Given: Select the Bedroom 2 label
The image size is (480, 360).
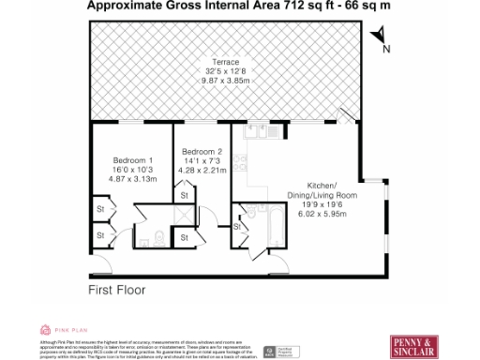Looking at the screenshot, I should click(202, 152).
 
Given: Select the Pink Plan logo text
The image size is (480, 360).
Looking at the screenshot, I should click(69, 329).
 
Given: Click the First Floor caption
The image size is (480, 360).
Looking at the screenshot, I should click(117, 291).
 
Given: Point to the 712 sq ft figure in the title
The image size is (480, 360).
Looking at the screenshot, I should click(282, 6).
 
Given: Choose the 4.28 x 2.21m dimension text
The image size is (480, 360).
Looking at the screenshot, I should click(202, 171).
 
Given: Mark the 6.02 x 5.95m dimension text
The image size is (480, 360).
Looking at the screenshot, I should click(322, 214).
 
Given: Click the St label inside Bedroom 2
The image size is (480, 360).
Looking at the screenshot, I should click(185, 194).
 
